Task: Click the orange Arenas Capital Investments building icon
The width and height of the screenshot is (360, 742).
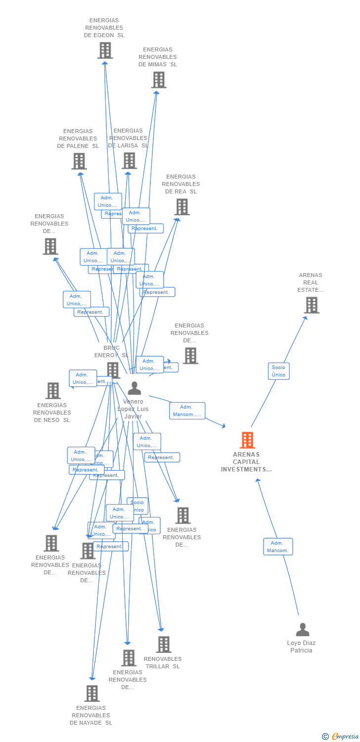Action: pyautogui.click(x=247, y=440)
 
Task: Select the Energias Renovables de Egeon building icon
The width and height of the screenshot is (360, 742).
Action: pyautogui.click(x=105, y=50)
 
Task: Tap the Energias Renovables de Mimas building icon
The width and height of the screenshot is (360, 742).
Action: pyautogui.click(x=159, y=80)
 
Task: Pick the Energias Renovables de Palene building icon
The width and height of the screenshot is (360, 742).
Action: pyautogui.click(x=79, y=161)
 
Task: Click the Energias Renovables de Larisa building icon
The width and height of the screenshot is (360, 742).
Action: pyautogui.click(x=129, y=161)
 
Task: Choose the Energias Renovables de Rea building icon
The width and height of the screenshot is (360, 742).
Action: pyautogui.click(x=182, y=207)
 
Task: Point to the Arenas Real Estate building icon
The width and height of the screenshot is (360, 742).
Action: pyautogui.click(x=312, y=305)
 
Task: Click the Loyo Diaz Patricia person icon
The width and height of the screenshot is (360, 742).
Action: pyautogui.click(x=302, y=630)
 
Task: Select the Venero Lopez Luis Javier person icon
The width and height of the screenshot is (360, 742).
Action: pyautogui.click(x=134, y=388)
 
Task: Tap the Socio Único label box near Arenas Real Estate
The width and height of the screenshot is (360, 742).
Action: pyautogui.click(x=278, y=371)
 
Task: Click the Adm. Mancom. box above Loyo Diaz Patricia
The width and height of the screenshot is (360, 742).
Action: pyautogui.click(x=278, y=547)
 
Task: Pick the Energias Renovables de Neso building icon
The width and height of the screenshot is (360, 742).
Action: pyautogui.click(x=53, y=391)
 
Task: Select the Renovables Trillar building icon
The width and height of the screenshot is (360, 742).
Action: pyautogui.click(x=164, y=645)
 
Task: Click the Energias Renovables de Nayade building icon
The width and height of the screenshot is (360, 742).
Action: pyautogui.click(x=92, y=694)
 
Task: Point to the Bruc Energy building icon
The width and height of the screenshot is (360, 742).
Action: pyautogui.click(x=113, y=370)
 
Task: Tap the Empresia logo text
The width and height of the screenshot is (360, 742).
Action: pyautogui.click(x=345, y=737)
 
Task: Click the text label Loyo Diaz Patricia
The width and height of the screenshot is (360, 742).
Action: pyautogui.click(x=301, y=647)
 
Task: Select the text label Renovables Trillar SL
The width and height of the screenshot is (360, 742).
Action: pyautogui.click(x=163, y=662)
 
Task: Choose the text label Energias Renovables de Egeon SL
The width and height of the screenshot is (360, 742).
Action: pyautogui.click(x=104, y=28)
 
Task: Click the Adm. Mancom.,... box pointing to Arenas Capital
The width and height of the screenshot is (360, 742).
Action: pyautogui.click(x=187, y=411)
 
